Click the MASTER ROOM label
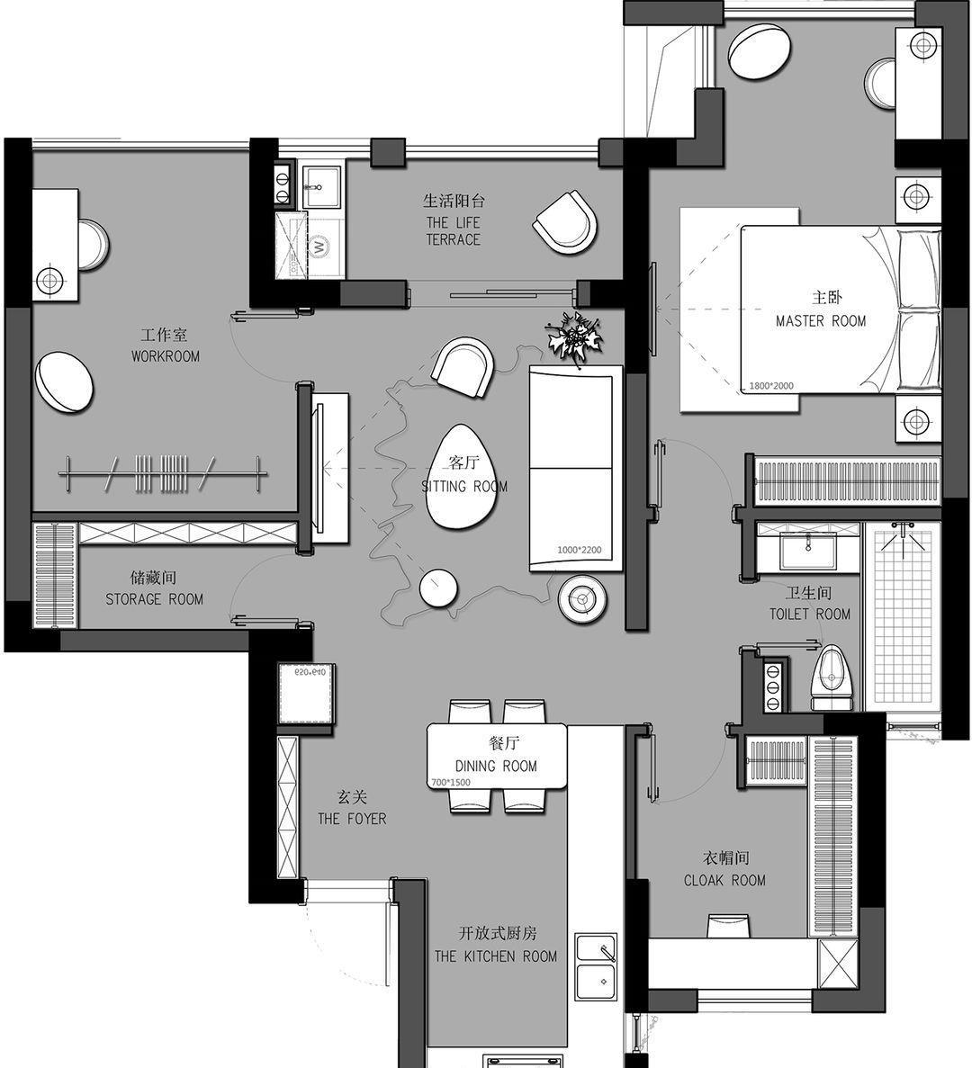[821, 321]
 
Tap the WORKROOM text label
[166, 356]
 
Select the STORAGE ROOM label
[155, 599]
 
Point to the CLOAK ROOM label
[724, 881]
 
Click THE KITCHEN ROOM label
[496, 957]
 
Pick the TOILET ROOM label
[810, 615]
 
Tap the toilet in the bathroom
[832, 678]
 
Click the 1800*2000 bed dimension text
[771, 386]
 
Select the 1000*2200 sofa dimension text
[579, 551]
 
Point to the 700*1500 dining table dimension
[451, 783]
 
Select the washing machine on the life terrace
[319, 246]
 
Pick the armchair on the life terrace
[564, 223]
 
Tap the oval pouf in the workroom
[64, 382]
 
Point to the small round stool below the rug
[438, 588]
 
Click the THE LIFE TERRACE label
[454, 231]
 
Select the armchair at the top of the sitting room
[463, 366]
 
